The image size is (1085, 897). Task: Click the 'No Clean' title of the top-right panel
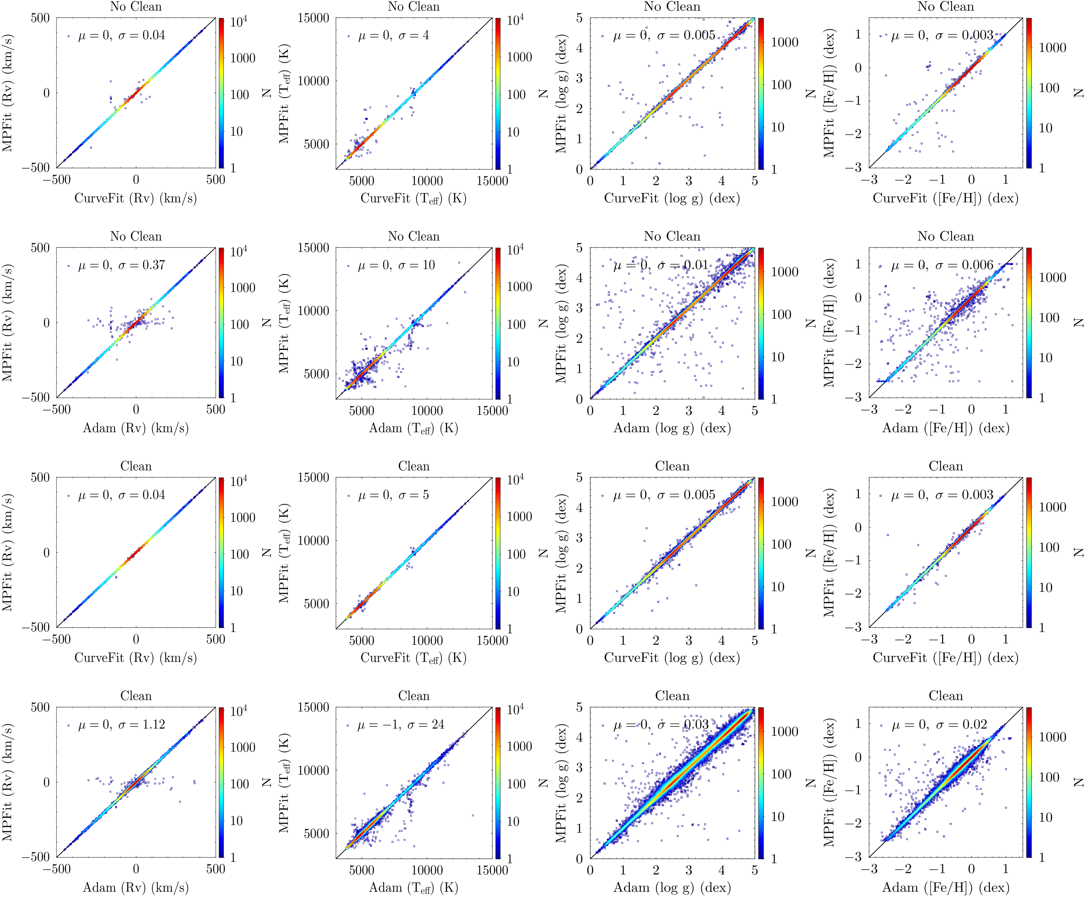coord(945,7)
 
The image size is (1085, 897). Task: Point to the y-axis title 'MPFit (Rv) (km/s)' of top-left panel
coord(8,93)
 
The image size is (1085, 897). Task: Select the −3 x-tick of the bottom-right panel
coord(871,869)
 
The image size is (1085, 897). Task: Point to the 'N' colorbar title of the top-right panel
coord(1078,93)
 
